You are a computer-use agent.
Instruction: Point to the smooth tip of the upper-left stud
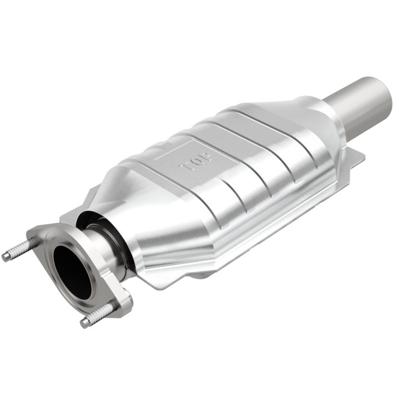point(6,257)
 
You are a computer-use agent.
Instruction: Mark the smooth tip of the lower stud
point(85,323)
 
